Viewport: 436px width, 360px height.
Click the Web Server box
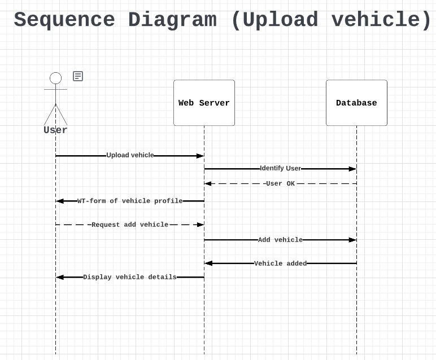(x=204, y=103)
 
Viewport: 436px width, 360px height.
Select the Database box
(x=356, y=103)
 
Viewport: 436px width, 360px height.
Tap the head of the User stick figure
(x=55, y=78)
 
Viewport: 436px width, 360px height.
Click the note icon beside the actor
(x=78, y=76)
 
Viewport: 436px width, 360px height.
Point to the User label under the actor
(x=55, y=130)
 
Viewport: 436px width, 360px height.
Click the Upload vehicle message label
(x=130, y=155)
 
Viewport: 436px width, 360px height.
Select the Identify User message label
(x=280, y=168)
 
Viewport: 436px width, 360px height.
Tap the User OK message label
(x=280, y=183)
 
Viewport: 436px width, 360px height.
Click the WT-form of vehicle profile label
(x=130, y=201)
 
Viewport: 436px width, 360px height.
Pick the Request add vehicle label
(x=130, y=225)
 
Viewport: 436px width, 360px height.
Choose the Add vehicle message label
(x=280, y=240)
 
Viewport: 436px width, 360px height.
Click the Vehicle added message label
(x=280, y=264)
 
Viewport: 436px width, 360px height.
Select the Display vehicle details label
(x=130, y=277)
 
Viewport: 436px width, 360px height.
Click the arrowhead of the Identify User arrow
(x=352, y=169)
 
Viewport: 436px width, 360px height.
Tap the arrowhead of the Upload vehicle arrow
(x=200, y=156)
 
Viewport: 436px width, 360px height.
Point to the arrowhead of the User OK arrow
(x=208, y=183)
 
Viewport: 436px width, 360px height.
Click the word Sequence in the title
(x=64, y=20)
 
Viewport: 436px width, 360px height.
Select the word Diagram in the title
(x=172, y=20)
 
